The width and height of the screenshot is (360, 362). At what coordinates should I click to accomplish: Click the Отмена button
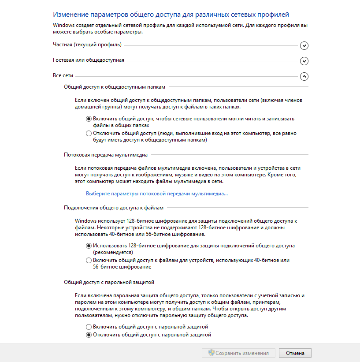[295, 353]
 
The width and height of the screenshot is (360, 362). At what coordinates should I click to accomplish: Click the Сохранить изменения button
[238, 353]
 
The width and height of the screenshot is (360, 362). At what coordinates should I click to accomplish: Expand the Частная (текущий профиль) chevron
[304, 45]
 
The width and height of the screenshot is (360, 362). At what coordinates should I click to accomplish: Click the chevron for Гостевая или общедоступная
[304, 61]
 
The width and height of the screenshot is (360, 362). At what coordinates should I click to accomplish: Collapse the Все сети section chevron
[304, 76]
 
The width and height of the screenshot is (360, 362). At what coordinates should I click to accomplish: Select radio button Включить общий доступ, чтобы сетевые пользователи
[89, 119]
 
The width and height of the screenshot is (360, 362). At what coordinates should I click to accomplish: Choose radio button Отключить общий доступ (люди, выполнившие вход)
[89, 133]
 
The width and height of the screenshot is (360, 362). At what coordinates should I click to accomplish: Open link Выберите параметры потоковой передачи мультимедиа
[157, 194]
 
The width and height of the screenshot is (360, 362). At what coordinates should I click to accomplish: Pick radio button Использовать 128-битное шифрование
[89, 246]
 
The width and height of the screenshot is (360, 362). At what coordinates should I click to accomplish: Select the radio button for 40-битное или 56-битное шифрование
[89, 260]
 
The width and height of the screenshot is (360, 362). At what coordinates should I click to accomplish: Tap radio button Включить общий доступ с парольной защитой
[89, 327]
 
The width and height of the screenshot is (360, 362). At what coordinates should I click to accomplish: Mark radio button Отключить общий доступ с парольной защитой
[89, 335]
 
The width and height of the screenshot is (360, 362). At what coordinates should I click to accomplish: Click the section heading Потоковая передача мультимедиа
[106, 155]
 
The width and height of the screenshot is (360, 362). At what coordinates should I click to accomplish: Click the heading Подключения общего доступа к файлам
[114, 207]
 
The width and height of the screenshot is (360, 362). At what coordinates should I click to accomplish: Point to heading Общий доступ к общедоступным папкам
[115, 87]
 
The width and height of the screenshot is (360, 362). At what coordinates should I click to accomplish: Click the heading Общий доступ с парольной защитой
[109, 281]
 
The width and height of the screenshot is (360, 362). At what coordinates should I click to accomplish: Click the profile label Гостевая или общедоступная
[89, 60]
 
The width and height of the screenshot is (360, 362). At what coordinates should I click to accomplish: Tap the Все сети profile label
[63, 75]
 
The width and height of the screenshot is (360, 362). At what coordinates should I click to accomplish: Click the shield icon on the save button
[212, 353]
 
